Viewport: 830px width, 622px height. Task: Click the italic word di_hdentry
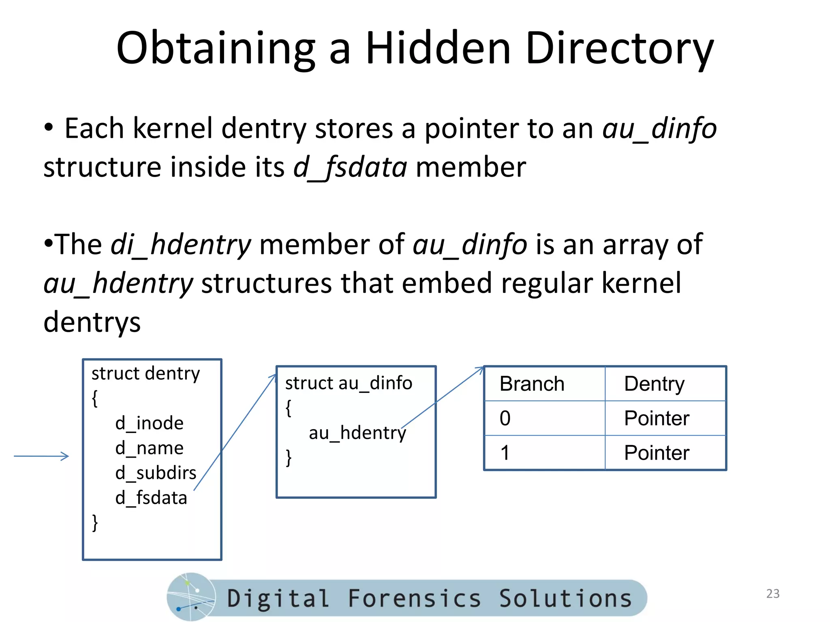coord(181,245)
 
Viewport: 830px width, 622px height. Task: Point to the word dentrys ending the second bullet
coord(92,322)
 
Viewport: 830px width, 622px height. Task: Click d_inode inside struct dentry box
coord(149,423)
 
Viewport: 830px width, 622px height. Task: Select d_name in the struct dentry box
coord(149,448)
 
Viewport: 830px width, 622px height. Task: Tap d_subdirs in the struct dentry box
coord(156,473)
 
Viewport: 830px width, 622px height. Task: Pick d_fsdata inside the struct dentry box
coord(151,498)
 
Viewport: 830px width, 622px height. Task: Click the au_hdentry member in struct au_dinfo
coord(357,433)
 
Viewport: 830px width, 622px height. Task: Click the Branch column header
coord(532,383)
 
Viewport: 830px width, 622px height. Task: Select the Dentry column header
coord(654,383)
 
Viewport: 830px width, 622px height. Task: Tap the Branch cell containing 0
coord(505,418)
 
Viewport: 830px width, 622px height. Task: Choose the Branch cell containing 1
coord(505,453)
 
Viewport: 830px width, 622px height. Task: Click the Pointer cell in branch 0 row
coord(657,418)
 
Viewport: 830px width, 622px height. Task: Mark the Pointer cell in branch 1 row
coord(657,453)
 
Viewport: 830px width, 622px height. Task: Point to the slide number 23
coord(772,594)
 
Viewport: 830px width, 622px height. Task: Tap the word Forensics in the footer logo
coord(414,598)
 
